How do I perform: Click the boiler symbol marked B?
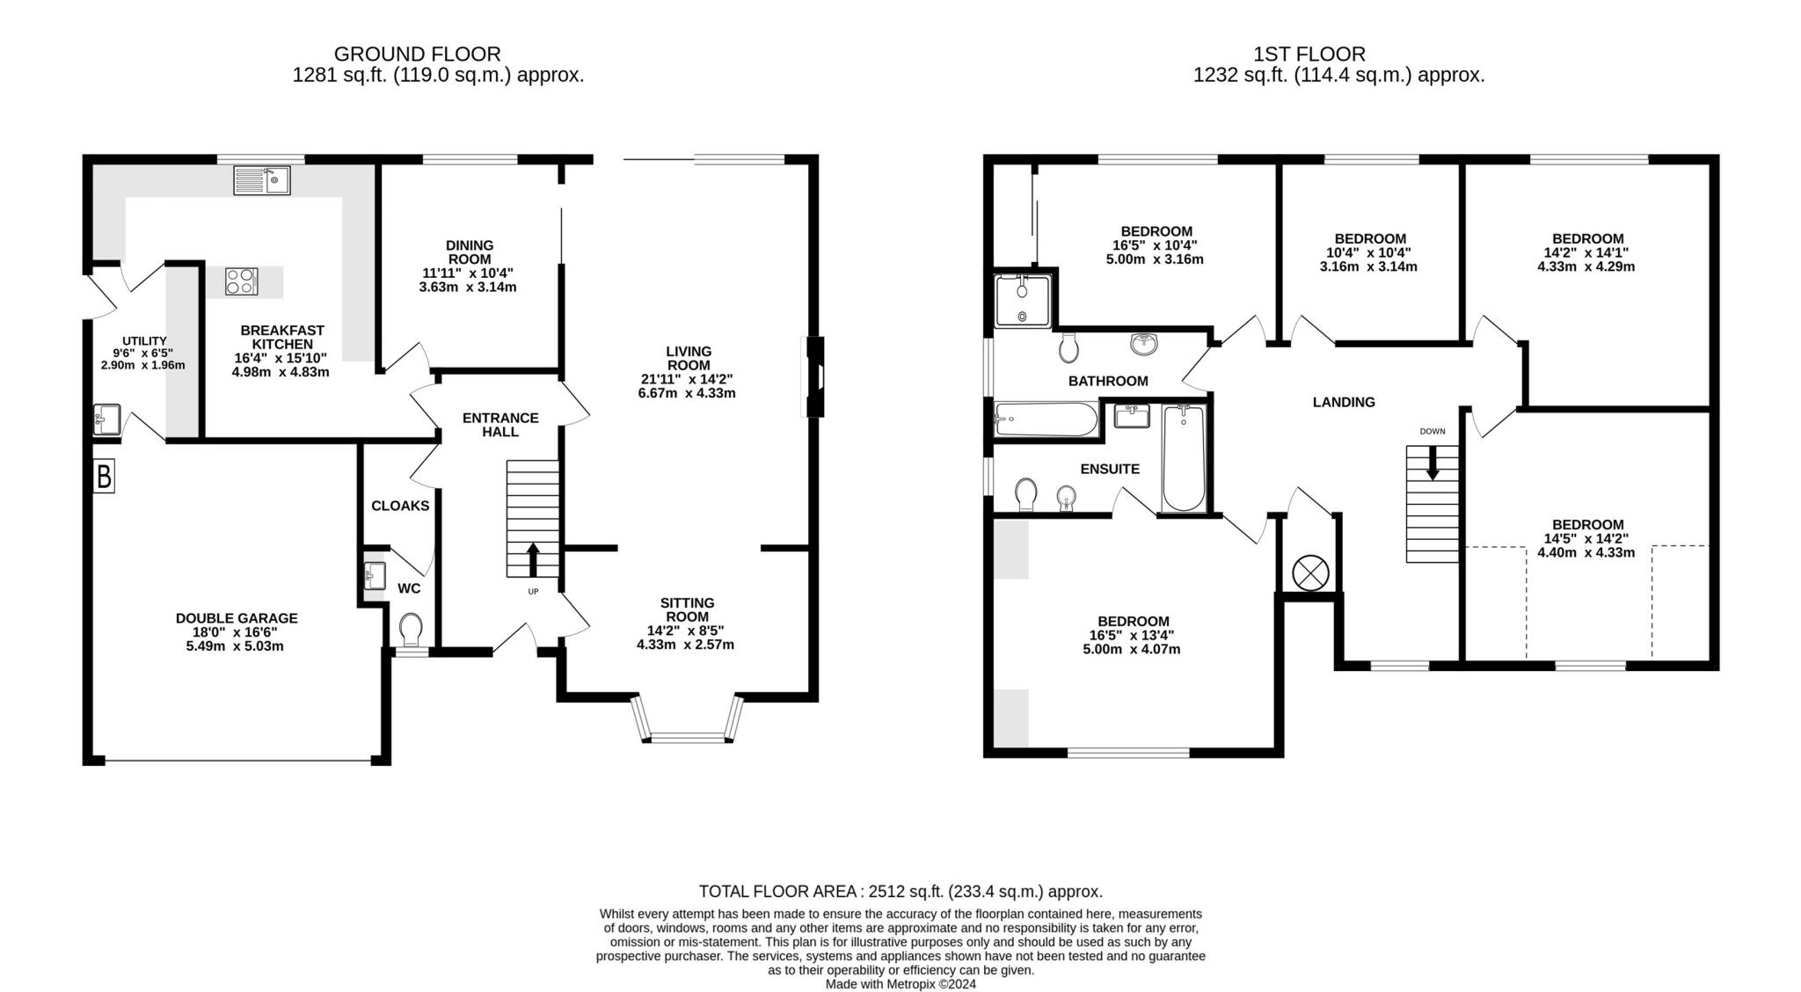click(104, 478)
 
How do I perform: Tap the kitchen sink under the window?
click(262, 181)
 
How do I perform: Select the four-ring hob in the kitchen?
click(242, 281)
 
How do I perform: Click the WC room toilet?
click(411, 630)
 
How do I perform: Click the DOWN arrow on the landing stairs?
click(1433, 463)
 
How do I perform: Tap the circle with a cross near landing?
click(1310, 573)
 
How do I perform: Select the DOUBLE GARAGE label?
click(237, 618)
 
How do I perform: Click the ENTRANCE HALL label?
click(500, 425)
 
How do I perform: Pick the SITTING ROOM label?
click(687, 609)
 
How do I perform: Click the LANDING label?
click(1344, 402)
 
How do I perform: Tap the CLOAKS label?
click(400, 506)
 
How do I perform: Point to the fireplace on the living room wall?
click(815, 376)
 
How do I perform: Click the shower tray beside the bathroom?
click(1023, 301)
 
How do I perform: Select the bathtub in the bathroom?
click(1046, 419)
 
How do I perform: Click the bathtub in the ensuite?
click(1184, 458)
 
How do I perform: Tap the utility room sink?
click(106, 419)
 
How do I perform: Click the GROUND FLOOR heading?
click(417, 54)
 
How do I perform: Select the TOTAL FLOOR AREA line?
click(900, 892)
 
